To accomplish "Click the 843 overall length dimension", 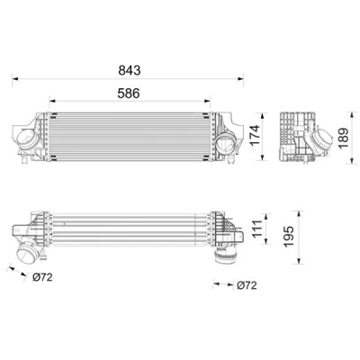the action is coord(130,70).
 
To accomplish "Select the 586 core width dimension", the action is coord(129,94).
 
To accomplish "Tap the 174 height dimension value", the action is coord(256,136).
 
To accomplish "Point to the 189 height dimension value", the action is coord(343,138).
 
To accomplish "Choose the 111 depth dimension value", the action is coord(256,229).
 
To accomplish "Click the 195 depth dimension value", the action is coord(289,237).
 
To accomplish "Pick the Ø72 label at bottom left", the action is coord(42,277).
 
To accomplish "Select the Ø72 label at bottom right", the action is coord(247,285).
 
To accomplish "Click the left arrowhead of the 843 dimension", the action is coord(15,79).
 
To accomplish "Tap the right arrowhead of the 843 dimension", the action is coord(240,79).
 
